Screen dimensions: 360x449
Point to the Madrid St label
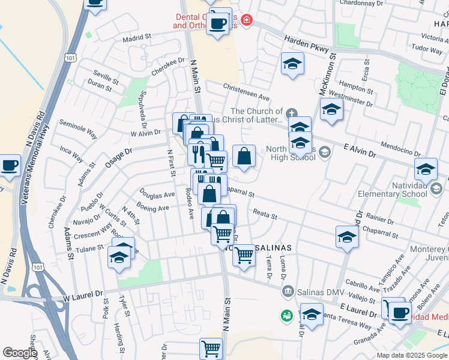136,37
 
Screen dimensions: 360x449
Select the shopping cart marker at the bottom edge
211,348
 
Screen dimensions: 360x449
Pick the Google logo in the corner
19,353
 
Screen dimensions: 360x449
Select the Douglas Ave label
157,194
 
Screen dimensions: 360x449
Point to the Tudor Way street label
427,49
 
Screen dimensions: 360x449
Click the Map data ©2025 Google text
412,355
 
